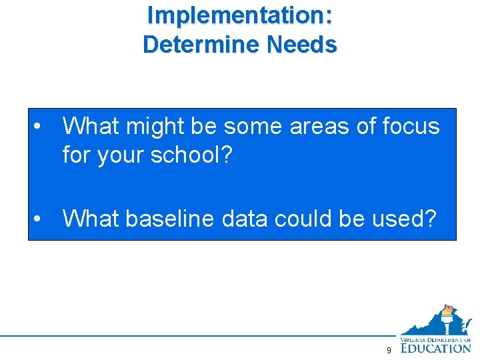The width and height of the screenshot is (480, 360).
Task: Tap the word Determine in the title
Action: [201, 44]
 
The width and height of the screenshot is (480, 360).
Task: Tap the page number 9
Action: [389, 351]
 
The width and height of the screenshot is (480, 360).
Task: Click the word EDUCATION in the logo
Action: [436, 347]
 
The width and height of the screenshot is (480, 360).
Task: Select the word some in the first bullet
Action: [254, 126]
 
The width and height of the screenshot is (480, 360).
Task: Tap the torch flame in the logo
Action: [448, 310]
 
